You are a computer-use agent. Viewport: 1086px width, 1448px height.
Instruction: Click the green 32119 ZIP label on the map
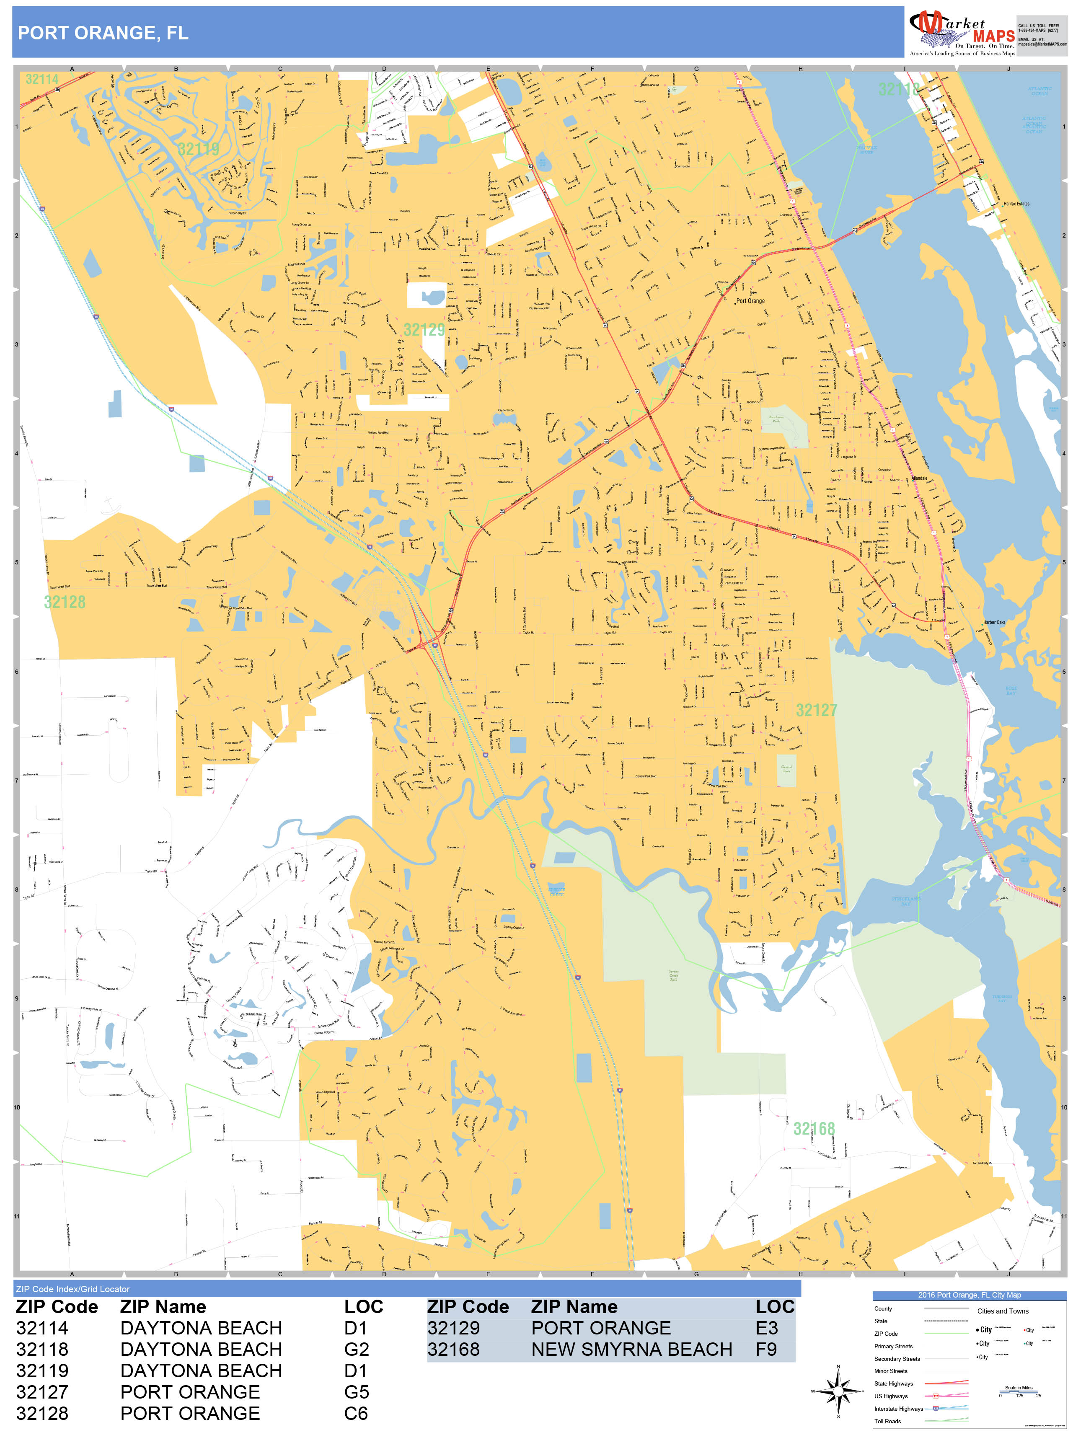click(198, 149)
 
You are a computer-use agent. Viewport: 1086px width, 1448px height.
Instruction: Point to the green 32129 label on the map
click(424, 329)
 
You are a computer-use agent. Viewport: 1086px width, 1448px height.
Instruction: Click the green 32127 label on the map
click(816, 710)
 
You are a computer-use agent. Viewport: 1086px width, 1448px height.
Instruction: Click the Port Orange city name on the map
click(750, 301)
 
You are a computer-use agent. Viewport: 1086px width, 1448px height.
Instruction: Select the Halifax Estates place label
click(1016, 204)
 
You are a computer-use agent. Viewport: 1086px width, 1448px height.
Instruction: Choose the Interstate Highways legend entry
click(898, 1408)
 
